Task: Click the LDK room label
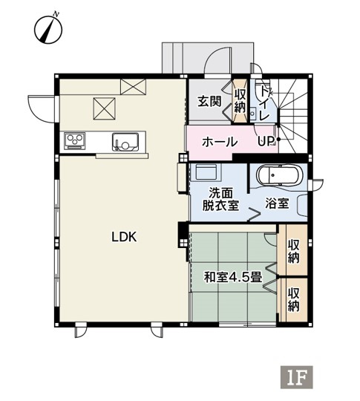click(124, 237)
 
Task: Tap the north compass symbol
click(48, 29)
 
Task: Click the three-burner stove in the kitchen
click(75, 140)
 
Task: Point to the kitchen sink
click(125, 142)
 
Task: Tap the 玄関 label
click(209, 102)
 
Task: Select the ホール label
click(220, 142)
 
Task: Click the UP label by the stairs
click(266, 140)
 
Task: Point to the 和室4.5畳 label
click(233, 277)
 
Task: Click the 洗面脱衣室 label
click(221, 199)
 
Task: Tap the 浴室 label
click(277, 203)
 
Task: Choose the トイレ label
click(264, 103)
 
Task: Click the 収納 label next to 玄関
click(240, 101)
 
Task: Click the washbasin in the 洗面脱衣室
click(206, 172)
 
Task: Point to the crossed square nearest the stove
click(104, 108)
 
